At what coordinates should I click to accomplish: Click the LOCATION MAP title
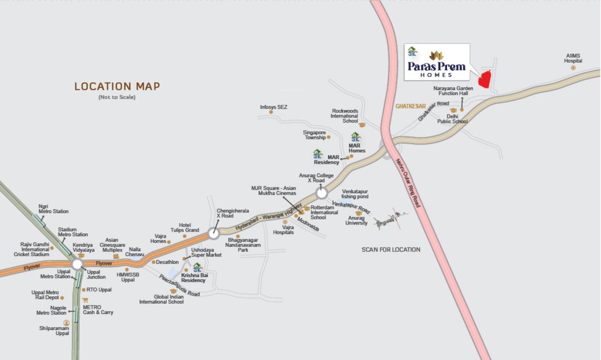[x=117, y=86]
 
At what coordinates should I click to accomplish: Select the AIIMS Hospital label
[x=572, y=58]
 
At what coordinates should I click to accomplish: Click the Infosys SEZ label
[x=274, y=107]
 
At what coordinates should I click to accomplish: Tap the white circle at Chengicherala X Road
[x=214, y=232]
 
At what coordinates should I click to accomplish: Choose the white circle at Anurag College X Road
[x=321, y=193]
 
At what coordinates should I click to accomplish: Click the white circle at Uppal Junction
[x=77, y=264]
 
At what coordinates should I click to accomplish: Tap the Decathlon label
[x=167, y=262]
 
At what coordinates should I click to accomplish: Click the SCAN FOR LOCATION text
[x=391, y=249]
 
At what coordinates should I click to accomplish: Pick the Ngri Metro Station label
[x=53, y=209]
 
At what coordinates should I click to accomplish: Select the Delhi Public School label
[x=452, y=119]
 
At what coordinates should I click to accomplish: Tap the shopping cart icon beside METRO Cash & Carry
[x=85, y=300]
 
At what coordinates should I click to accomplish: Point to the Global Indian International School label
[x=161, y=299]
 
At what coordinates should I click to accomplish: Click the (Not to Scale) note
[x=117, y=97]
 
